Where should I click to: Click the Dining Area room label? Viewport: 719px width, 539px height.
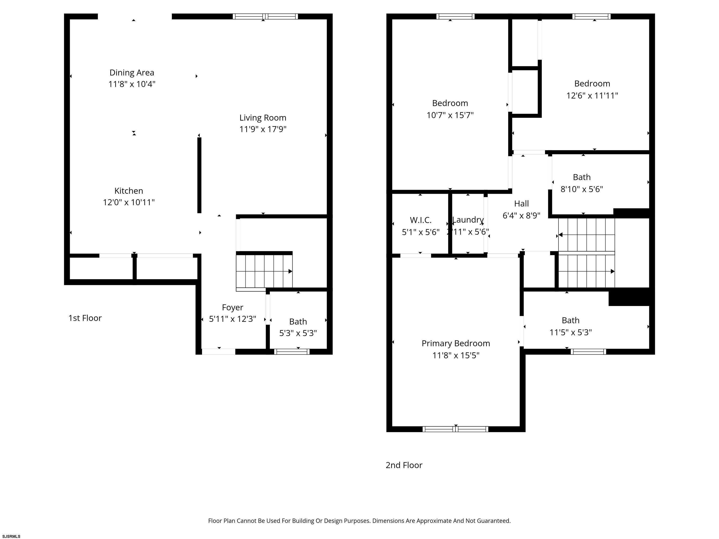(x=132, y=73)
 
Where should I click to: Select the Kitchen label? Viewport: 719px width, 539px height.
(x=129, y=191)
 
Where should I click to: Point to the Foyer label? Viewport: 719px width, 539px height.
(x=232, y=307)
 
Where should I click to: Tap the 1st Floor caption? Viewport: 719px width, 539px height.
(x=85, y=318)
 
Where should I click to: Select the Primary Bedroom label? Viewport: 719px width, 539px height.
(x=455, y=343)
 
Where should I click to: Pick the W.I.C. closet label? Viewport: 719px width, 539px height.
(x=420, y=220)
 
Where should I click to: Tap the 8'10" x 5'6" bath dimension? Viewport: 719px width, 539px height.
(x=582, y=189)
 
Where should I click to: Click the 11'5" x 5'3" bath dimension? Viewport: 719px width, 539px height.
(x=570, y=332)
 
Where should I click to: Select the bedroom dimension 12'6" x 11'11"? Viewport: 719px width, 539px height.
(x=592, y=95)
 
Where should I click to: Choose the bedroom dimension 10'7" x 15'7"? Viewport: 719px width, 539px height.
(x=450, y=115)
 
